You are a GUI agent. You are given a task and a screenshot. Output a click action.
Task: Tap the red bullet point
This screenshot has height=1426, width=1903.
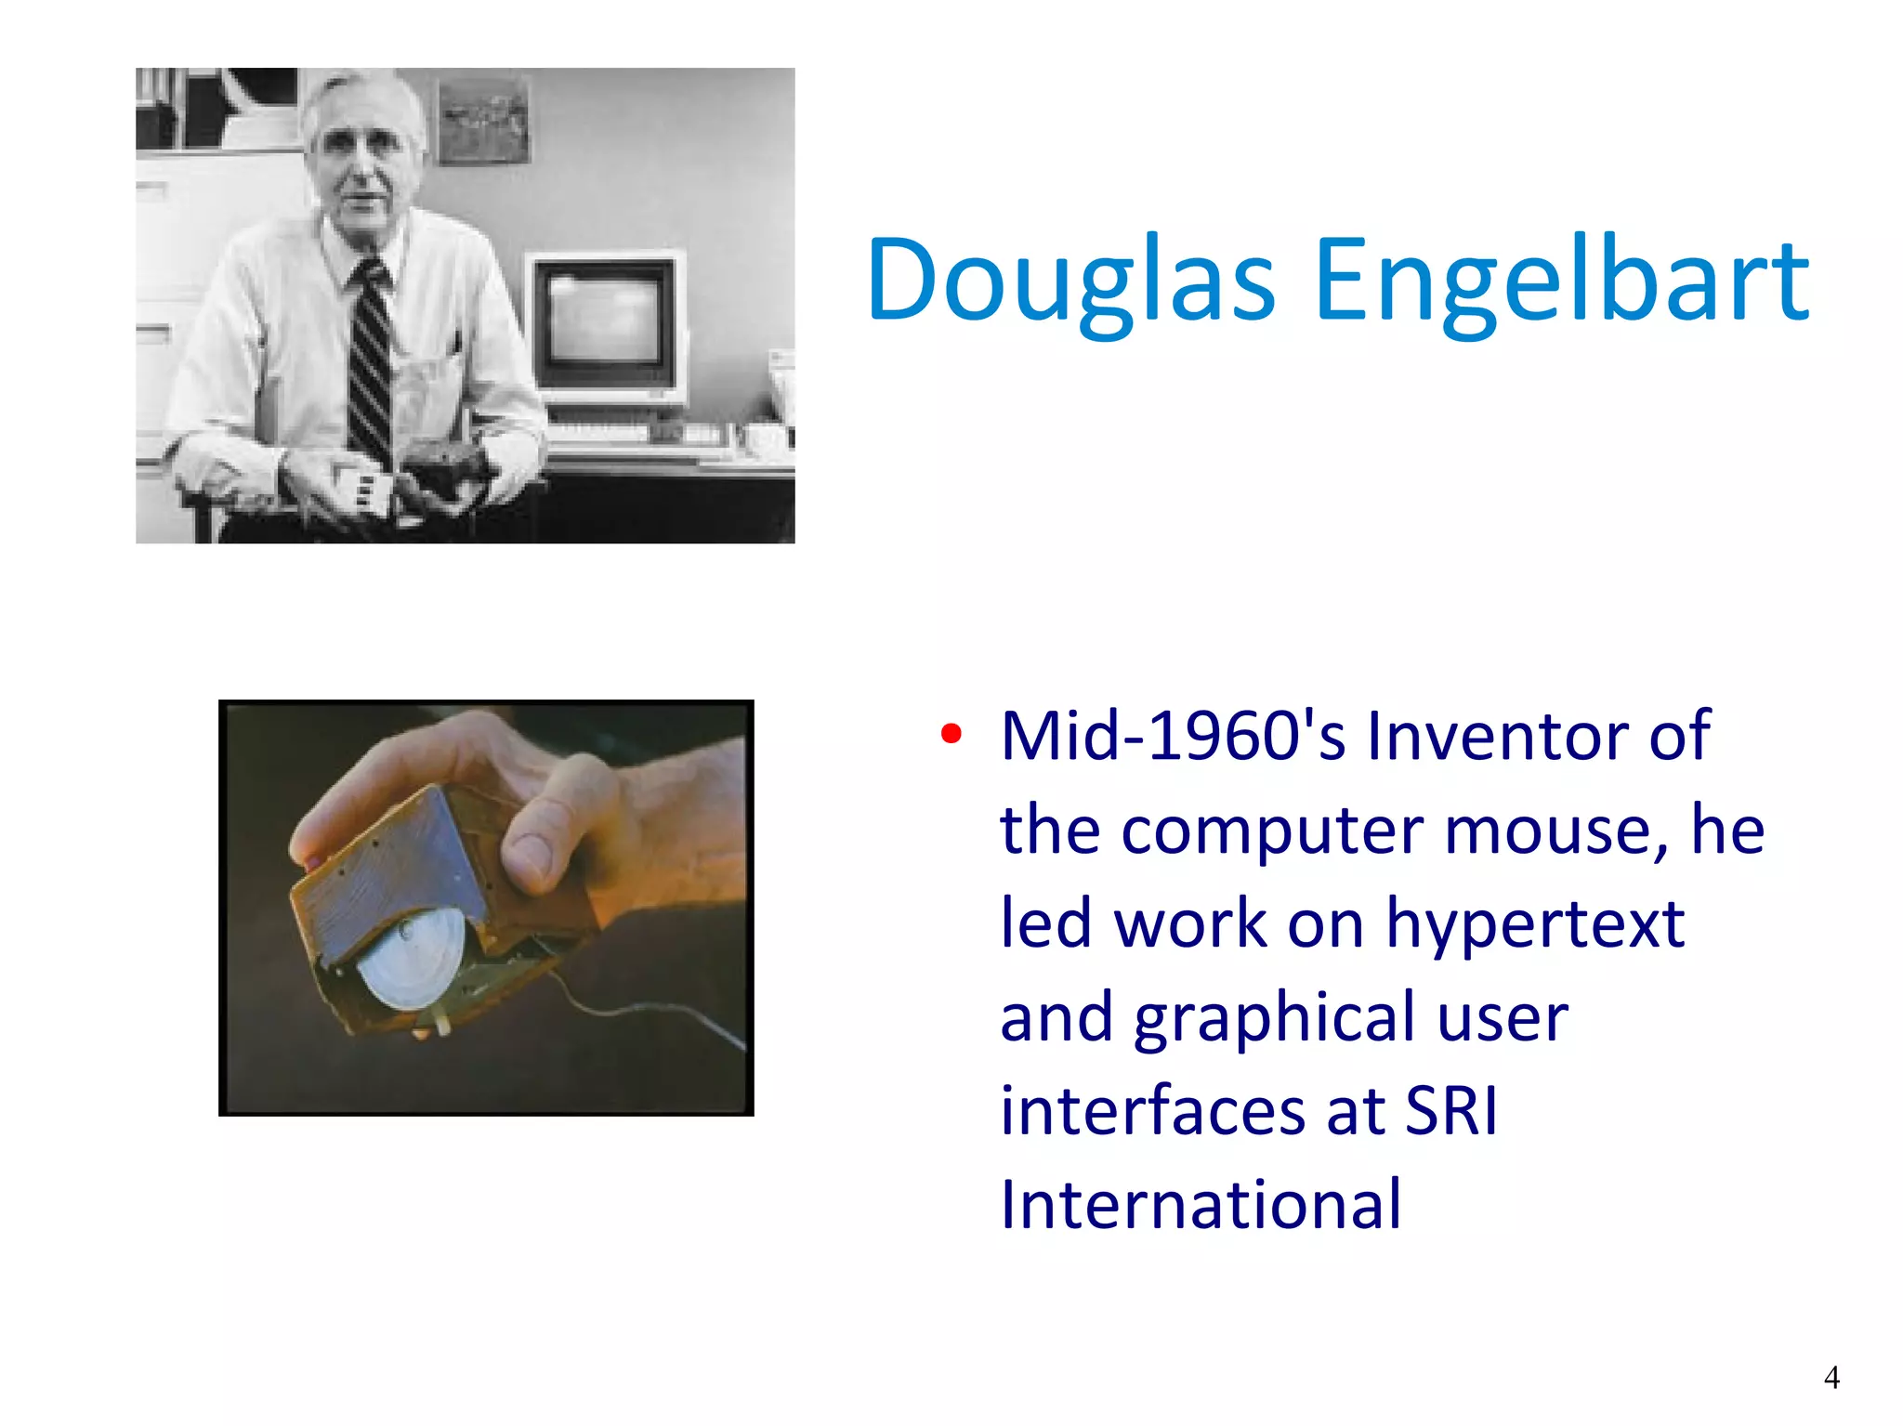coord(951,734)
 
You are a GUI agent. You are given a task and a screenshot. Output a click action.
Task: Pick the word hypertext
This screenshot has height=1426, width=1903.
coord(1535,924)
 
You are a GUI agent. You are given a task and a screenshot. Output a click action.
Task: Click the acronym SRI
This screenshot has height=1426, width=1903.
coord(1450,1111)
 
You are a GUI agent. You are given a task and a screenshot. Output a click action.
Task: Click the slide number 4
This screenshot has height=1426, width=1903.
coord(1831,1378)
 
